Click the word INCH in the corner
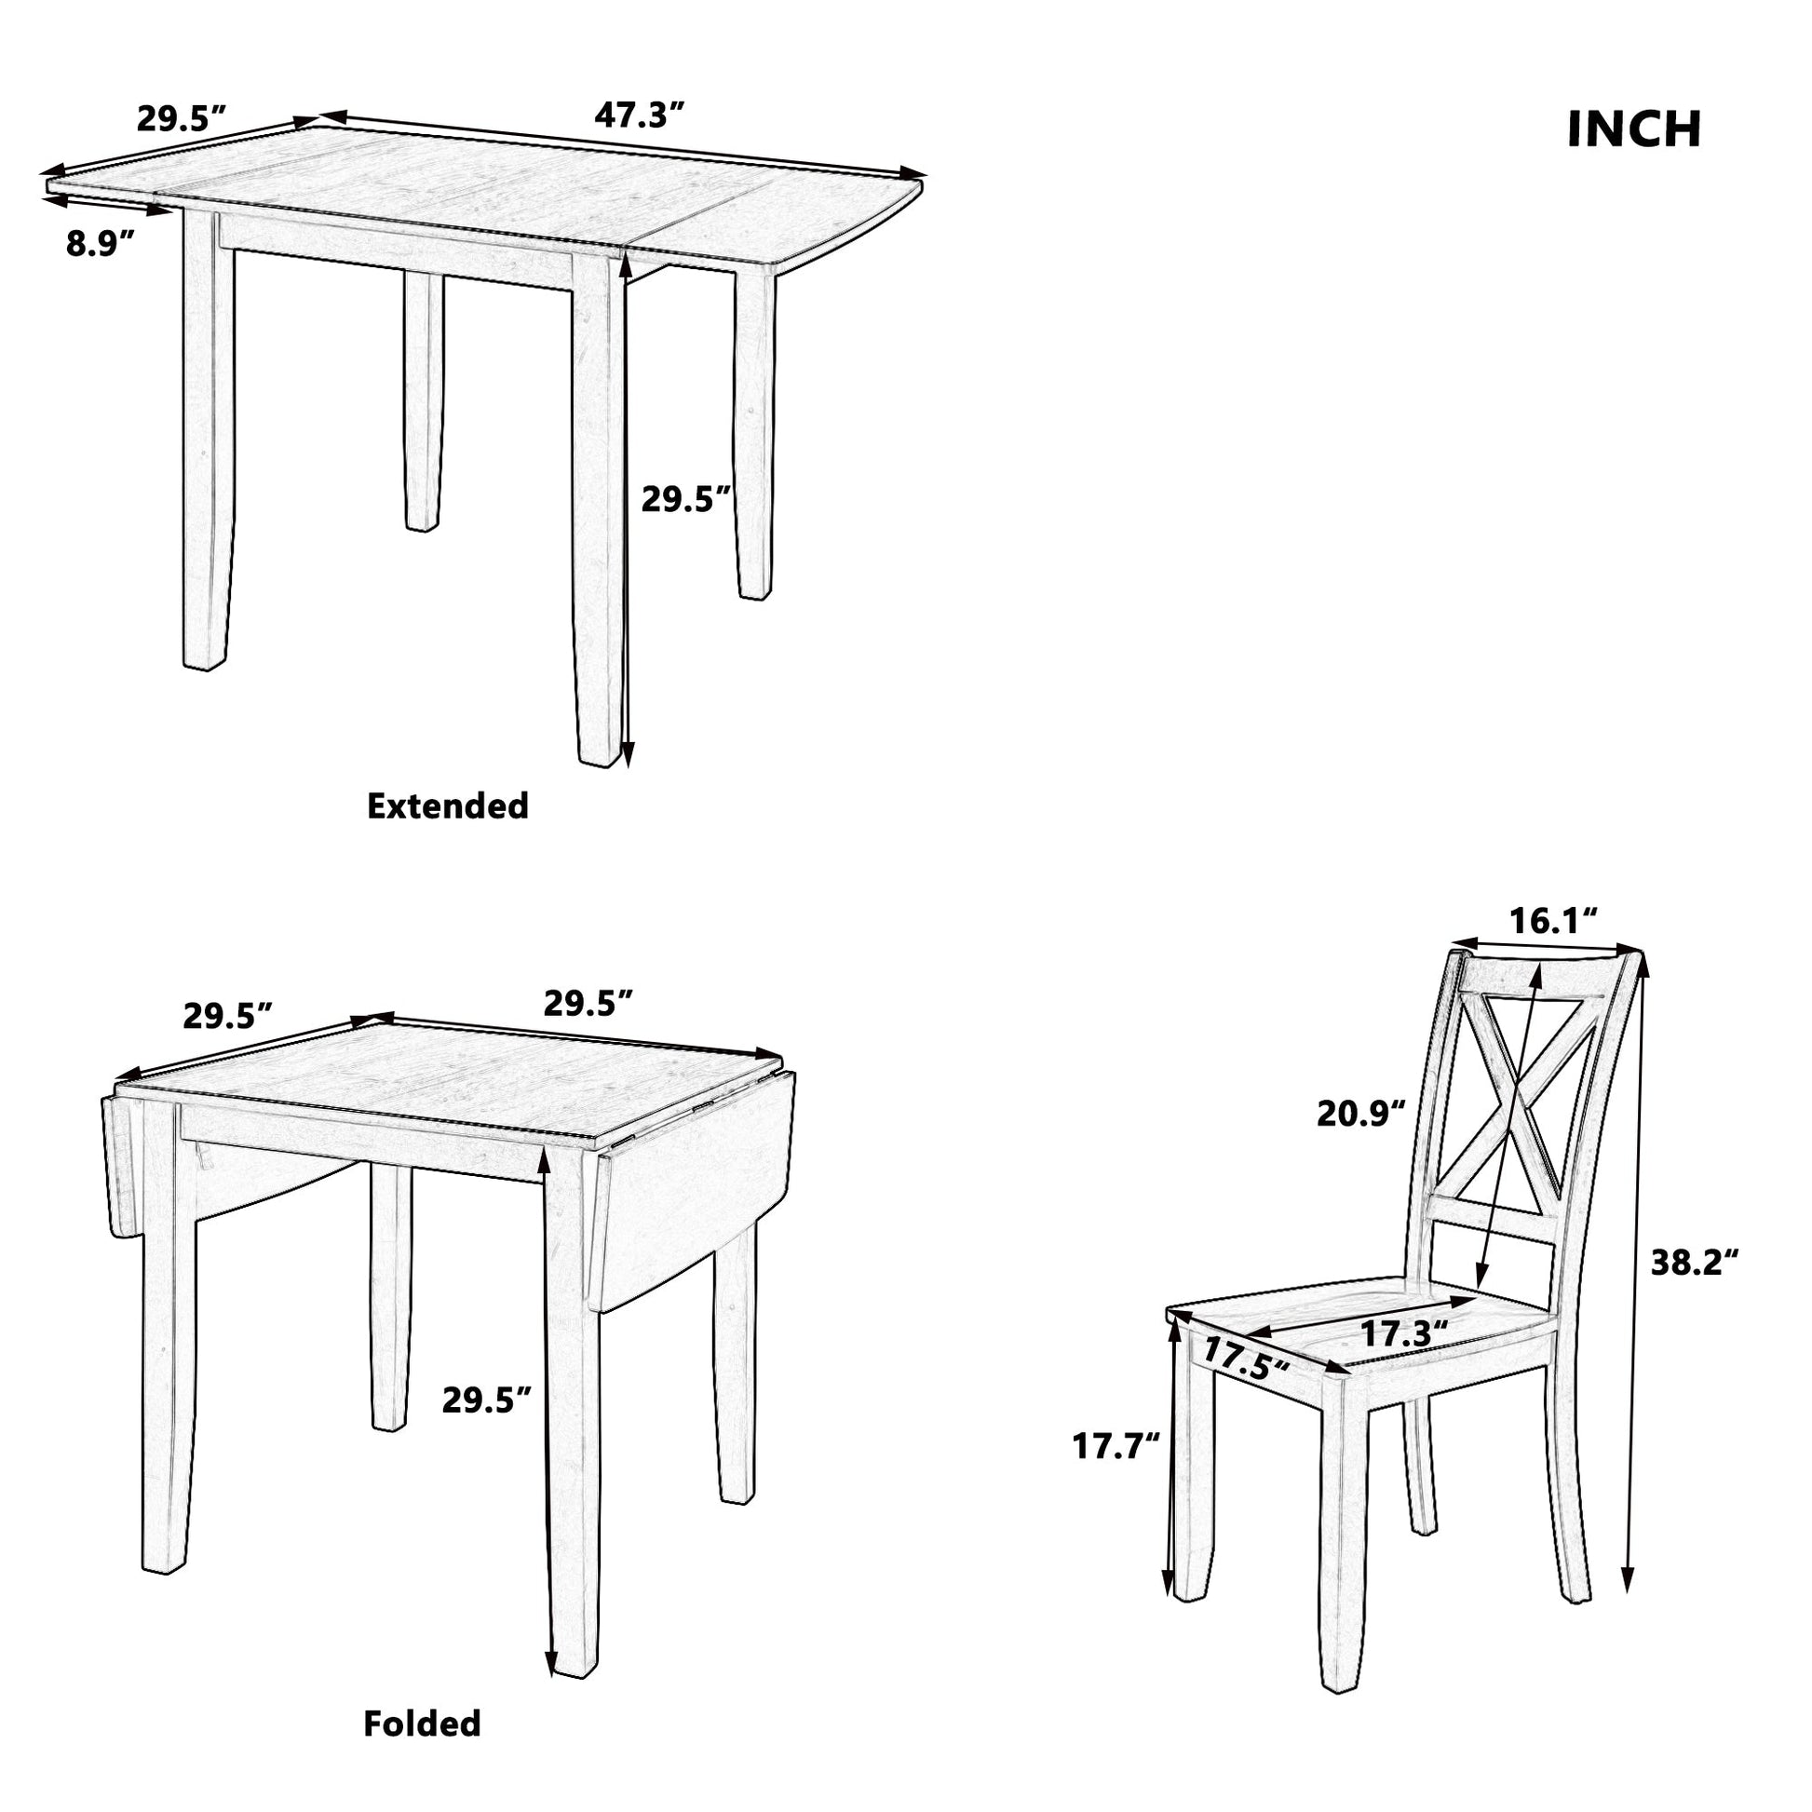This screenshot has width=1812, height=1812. (x=1634, y=129)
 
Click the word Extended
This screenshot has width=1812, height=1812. (x=447, y=806)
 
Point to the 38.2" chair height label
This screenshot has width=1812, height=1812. (x=1695, y=1264)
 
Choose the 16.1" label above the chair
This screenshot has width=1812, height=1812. (x=1553, y=921)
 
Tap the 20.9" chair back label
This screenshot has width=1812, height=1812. (x=1361, y=1114)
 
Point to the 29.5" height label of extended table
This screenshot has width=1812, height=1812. (x=684, y=500)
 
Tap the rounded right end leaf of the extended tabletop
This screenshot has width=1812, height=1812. (x=816, y=221)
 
